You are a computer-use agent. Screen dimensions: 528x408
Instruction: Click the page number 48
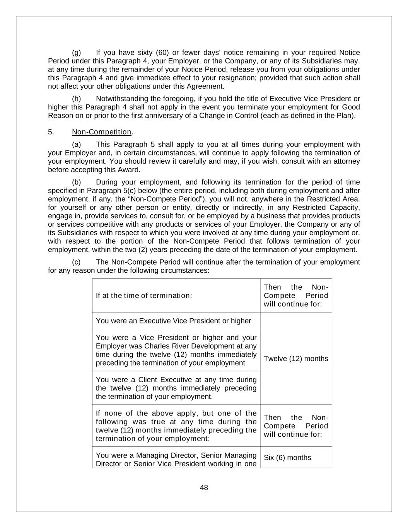coord(204,487)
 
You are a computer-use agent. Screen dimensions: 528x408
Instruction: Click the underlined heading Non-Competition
coord(102,132)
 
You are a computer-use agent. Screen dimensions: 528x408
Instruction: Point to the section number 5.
coord(51,132)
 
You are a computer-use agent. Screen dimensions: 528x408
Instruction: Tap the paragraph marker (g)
coord(76,53)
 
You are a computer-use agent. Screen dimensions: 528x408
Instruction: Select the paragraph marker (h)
coord(76,99)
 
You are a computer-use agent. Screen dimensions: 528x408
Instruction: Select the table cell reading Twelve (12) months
coord(296,359)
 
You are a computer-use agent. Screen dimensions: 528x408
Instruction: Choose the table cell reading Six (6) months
coord(287,458)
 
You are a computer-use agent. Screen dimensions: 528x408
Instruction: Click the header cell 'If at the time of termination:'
coord(144,296)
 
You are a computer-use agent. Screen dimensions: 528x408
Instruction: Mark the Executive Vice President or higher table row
coord(173,321)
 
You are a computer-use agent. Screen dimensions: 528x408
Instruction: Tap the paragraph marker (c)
coord(76,262)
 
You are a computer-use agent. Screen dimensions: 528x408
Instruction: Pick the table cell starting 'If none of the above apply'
coord(176,426)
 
